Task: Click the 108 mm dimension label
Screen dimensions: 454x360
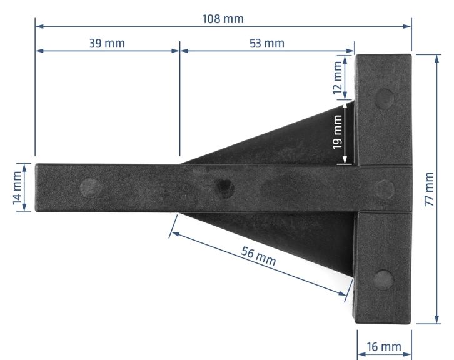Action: (x=223, y=19)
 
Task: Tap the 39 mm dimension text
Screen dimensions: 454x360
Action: (x=107, y=43)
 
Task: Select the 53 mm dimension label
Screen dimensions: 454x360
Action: (x=267, y=43)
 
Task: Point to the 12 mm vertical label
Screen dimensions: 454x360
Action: (x=338, y=77)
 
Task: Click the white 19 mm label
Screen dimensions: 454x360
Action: (x=338, y=132)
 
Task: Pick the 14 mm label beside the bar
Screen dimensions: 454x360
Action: (x=17, y=188)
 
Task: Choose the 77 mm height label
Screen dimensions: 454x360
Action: (x=429, y=189)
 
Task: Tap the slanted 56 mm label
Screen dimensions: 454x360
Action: (x=258, y=256)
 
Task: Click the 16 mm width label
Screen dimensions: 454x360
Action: (x=384, y=347)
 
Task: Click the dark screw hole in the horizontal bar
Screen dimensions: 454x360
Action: (x=225, y=188)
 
